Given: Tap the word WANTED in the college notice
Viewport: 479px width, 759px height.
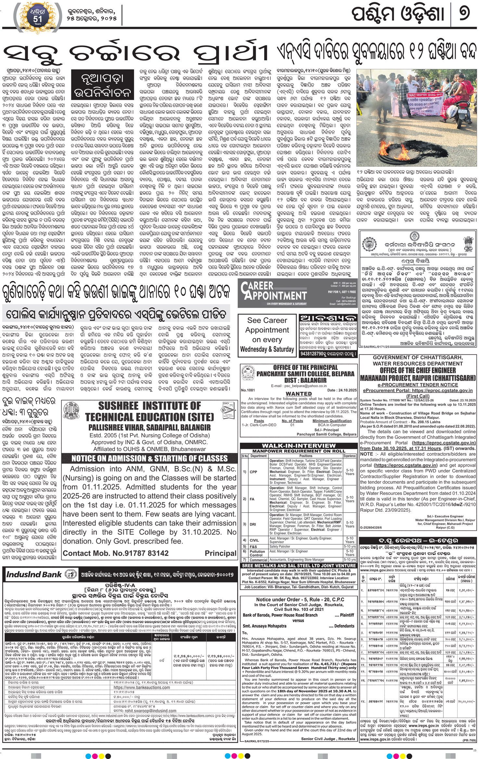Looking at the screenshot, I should pyautogui.click(x=299, y=394).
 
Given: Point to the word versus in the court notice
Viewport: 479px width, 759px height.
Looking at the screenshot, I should pyautogui.click(x=298, y=620).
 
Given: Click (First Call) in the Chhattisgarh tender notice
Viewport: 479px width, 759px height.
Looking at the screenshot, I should pyautogui.click(x=418, y=396).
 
